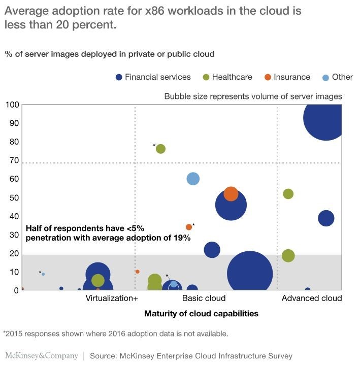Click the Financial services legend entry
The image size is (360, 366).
coord(153,77)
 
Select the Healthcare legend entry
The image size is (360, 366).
coord(226,77)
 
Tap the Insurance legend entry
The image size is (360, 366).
coord(287,77)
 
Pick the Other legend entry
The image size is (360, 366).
coord(338,77)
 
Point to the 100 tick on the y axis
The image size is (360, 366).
coord(12,105)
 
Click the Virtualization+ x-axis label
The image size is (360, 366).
coord(112,298)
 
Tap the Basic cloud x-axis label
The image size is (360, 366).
coord(204,298)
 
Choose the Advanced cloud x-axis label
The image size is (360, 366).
coord(311,298)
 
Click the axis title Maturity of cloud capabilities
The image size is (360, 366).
coord(201,313)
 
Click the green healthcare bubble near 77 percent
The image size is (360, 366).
coord(160,149)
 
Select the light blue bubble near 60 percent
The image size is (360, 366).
coord(193,179)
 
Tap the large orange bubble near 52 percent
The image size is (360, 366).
coord(231,194)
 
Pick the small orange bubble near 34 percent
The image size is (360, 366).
coord(189,227)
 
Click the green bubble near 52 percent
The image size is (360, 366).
coord(288,194)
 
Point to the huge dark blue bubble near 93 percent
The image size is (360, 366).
coord(325,118)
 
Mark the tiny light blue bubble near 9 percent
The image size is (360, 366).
coord(43,274)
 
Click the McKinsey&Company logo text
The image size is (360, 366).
coord(42,356)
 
